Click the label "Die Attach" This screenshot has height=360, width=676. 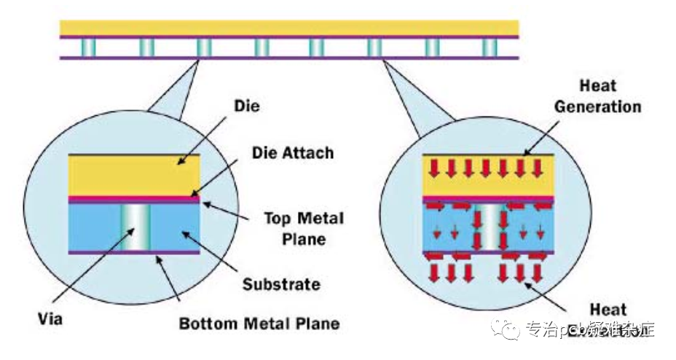click(292, 153)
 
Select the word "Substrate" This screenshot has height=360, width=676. click(281, 283)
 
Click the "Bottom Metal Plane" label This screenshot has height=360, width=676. click(259, 321)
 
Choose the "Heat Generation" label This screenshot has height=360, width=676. click(597, 96)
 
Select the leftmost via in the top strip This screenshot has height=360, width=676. click(88, 47)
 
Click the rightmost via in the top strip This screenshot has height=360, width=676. click(490, 47)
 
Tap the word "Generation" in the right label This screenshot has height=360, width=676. click(597, 106)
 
